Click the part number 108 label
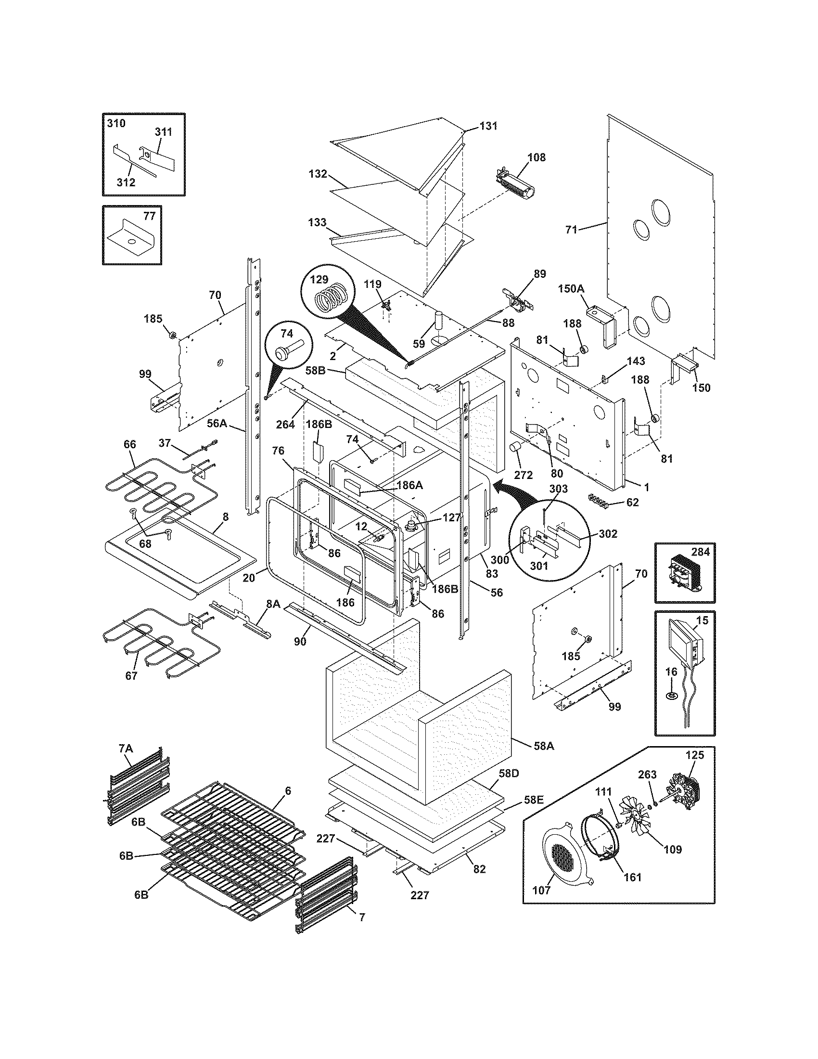pos(537,157)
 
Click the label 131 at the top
pos(488,126)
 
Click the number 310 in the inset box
pos(116,123)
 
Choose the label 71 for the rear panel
pos(572,229)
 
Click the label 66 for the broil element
pos(130,445)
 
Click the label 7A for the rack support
pos(126,749)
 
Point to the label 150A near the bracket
pos(570,289)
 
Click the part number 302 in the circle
pos(608,533)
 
